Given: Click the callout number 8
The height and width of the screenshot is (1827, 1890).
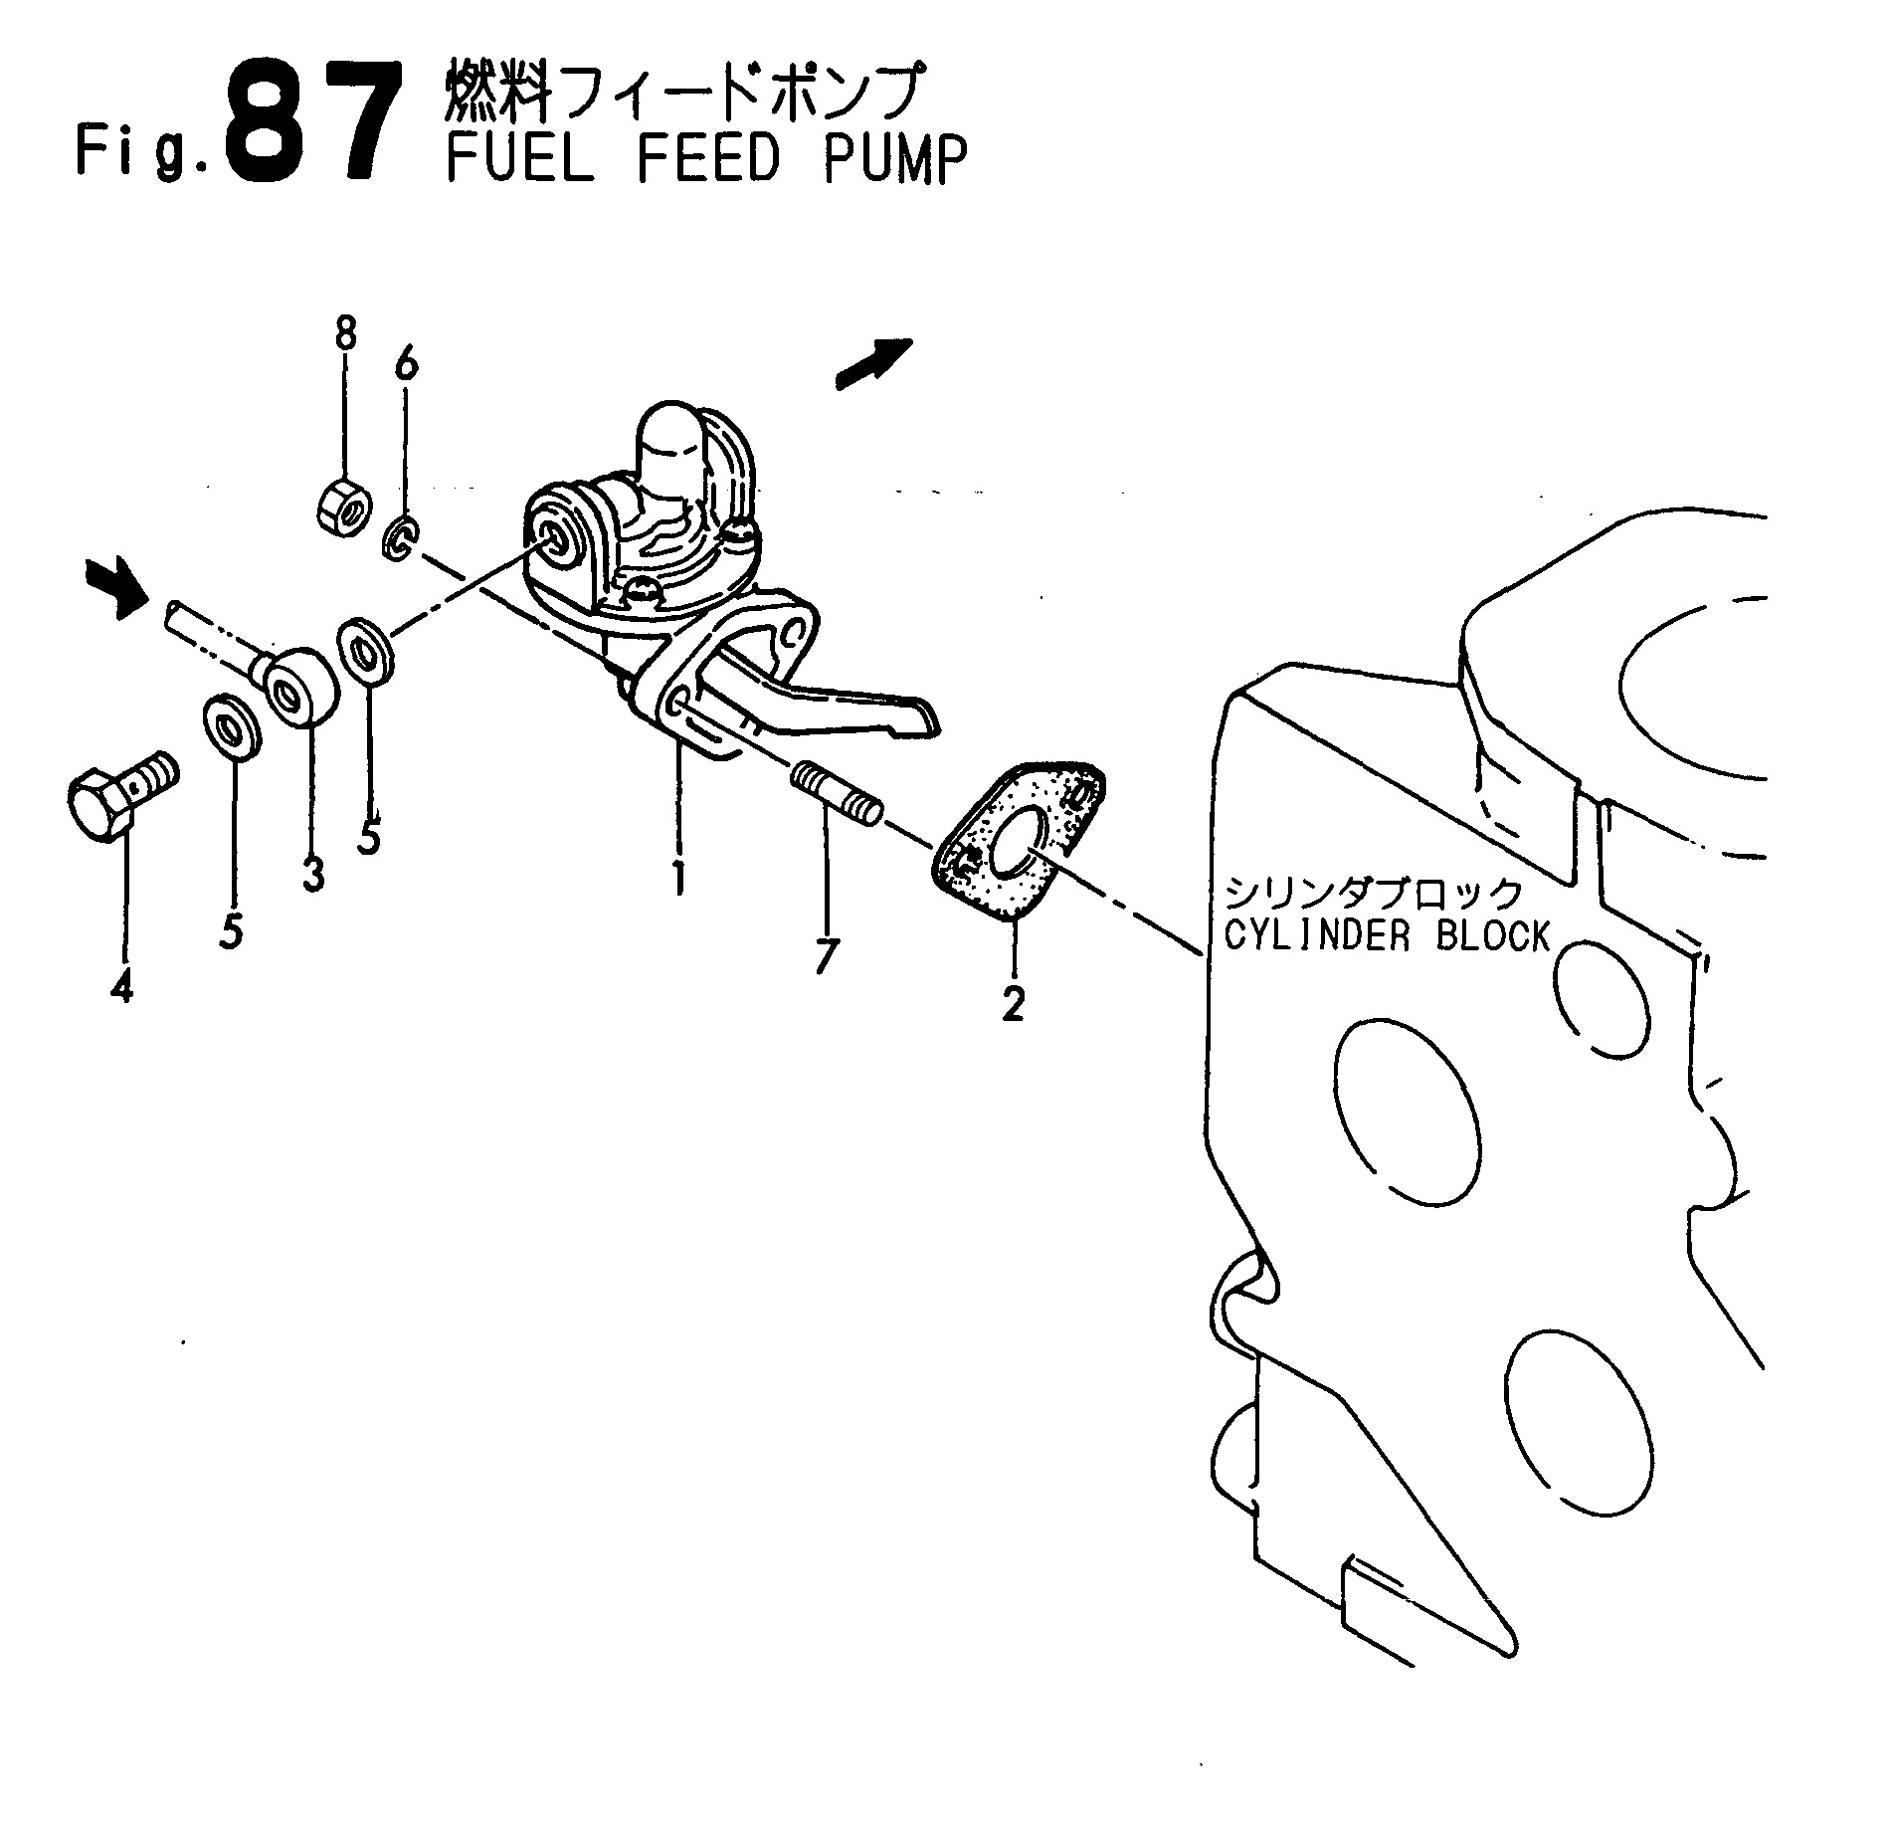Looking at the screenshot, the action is tap(345, 333).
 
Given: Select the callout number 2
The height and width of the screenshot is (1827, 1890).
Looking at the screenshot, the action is tap(1013, 1004).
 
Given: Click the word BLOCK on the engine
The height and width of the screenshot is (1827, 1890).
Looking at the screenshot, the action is tap(1493, 935).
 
